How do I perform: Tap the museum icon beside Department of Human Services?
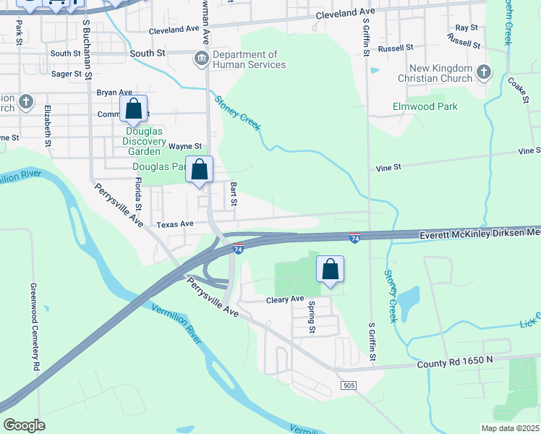tap(200, 58)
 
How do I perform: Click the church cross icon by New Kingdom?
tap(484, 72)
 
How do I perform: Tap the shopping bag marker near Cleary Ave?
tap(330, 270)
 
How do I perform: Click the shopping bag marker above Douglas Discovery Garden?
tap(134, 110)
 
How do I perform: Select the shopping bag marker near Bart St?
tap(200, 170)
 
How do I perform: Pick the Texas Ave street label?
tap(176, 224)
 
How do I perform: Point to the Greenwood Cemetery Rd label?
tap(34, 326)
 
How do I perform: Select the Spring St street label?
tap(312, 318)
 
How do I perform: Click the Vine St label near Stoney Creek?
tap(388, 167)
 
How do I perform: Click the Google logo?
tap(24, 425)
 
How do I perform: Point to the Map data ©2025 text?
tap(509, 428)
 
